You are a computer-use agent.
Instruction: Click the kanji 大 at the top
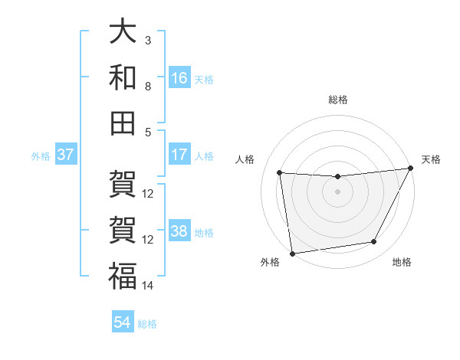[123, 32]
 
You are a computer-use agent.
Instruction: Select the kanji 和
[123, 78]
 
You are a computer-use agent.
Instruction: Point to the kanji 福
[123, 276]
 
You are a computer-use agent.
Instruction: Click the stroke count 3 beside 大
[148, 40]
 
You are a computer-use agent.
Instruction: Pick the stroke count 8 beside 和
[148, 87]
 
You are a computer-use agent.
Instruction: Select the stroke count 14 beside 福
[148, 286]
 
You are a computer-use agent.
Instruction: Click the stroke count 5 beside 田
[148, 132]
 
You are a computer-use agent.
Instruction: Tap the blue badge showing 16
[179, 78]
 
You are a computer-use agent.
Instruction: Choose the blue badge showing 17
[179, 155]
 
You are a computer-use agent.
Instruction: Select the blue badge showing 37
[65, 155]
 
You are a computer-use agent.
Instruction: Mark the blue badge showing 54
[123, 322]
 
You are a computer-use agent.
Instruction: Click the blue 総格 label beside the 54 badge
[147, 324]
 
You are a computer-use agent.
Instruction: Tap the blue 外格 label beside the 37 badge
[41, 156]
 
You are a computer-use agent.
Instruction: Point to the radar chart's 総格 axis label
[337, 100]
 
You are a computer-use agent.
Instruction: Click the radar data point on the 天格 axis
[410, 169]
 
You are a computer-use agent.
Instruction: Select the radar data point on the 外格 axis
[292, 253]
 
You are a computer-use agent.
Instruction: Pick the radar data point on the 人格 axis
[280, 173]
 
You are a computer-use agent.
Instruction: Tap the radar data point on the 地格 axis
[374, 242]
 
